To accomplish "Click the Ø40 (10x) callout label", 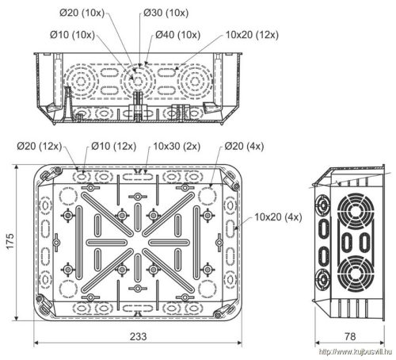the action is [177, 35].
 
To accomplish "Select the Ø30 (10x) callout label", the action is [166, 13].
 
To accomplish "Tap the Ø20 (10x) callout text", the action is [82, 13].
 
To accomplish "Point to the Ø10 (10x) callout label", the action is [72, 35].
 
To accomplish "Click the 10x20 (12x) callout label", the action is [252, 35].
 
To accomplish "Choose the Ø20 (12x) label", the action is [40, 146].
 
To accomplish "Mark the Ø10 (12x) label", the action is [114, 146].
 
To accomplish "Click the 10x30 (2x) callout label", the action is [177, 146].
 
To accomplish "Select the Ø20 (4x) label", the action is [244, 146].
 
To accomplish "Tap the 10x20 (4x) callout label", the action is [278, 217].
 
